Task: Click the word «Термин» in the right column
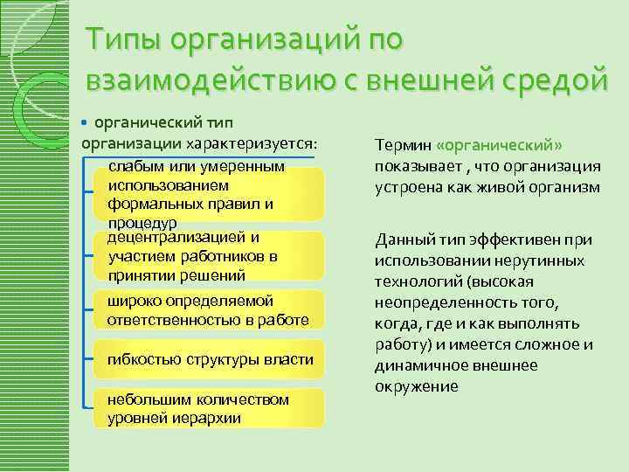coord(403,145)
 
